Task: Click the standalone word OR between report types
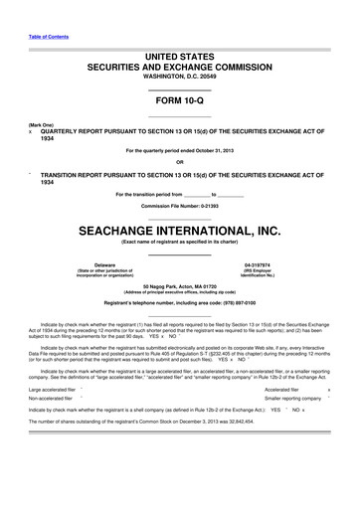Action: click(179, 162)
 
